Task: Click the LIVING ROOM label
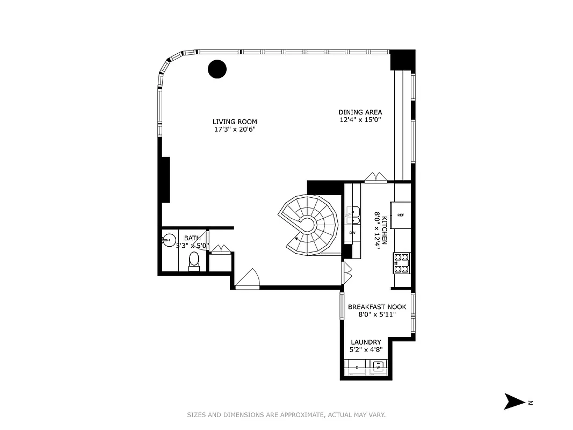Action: [234, 121]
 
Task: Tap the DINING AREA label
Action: [360, 112]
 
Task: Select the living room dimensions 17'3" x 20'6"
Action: [234, 129]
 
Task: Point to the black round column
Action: [217, 69]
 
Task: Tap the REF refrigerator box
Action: [401, 214]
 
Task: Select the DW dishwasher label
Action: [352, 233]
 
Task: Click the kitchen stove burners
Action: [402, 262]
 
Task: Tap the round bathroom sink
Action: [170, 240]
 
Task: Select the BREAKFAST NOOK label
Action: [377, 307]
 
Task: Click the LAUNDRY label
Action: [366, 342]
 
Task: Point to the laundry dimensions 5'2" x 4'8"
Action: [366, 350]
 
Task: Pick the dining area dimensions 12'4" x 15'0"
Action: [360, 120]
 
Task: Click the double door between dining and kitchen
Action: [375, 177]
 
